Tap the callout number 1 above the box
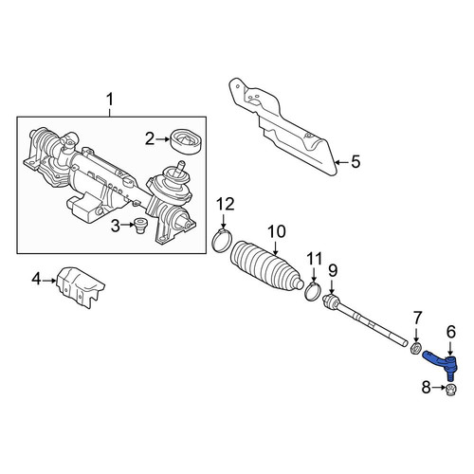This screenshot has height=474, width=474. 109,100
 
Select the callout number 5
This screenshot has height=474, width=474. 355,162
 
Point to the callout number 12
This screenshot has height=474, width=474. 226,204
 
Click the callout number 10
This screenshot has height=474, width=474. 277,231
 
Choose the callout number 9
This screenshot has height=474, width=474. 333,271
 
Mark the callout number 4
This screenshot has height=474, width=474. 36,279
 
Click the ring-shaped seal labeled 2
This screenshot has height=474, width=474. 186,142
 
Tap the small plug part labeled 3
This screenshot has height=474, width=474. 140,226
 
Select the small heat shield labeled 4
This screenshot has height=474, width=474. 81,286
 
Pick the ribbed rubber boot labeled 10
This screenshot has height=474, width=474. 266,265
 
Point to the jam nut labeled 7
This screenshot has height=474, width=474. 415,349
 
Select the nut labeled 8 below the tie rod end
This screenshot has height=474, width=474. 451,390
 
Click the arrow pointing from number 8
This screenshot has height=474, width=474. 438,388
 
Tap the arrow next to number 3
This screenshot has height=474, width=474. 127,225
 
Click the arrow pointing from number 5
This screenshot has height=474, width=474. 342,162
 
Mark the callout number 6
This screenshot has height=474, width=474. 451,332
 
